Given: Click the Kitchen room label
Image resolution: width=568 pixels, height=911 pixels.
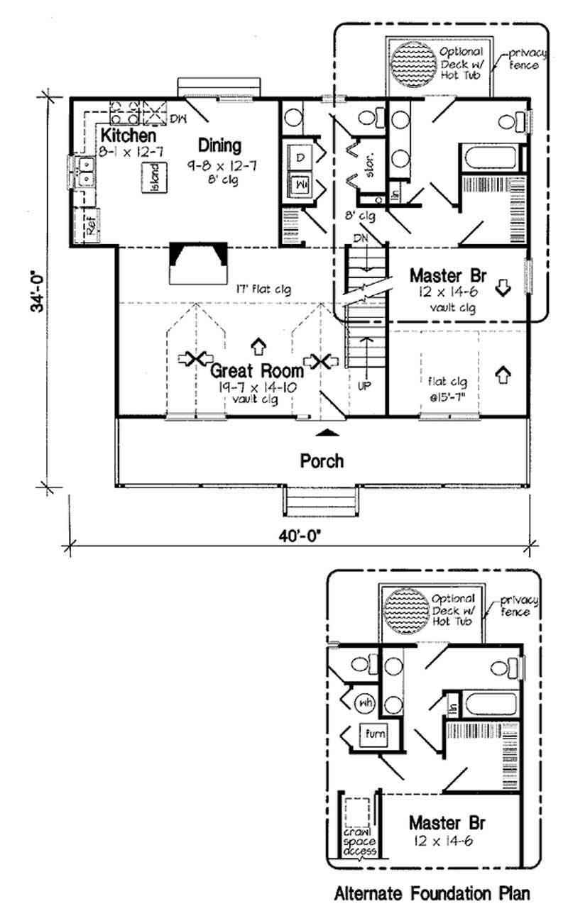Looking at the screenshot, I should coord(128,135).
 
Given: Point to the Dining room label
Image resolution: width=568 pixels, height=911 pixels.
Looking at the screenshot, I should coord(219,146).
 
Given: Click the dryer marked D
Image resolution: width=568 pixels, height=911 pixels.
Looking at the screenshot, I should coord(299,157).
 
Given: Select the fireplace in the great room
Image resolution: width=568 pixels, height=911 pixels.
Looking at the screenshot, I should coord(198,263).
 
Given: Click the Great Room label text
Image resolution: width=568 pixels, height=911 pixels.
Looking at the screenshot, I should coord(257,371).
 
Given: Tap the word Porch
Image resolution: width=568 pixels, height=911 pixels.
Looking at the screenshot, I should coord(322,460).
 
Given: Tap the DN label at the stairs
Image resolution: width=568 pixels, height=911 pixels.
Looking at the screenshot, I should coord(361,239).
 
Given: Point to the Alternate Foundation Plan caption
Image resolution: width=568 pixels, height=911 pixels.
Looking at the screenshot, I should coord(432,893).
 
